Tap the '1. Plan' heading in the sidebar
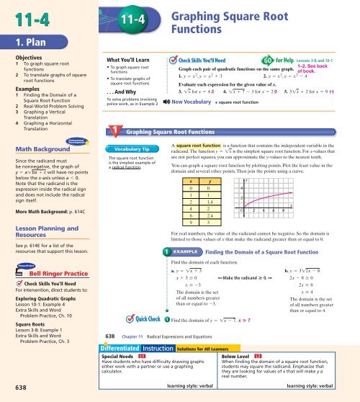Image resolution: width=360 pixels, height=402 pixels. [24, 52]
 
